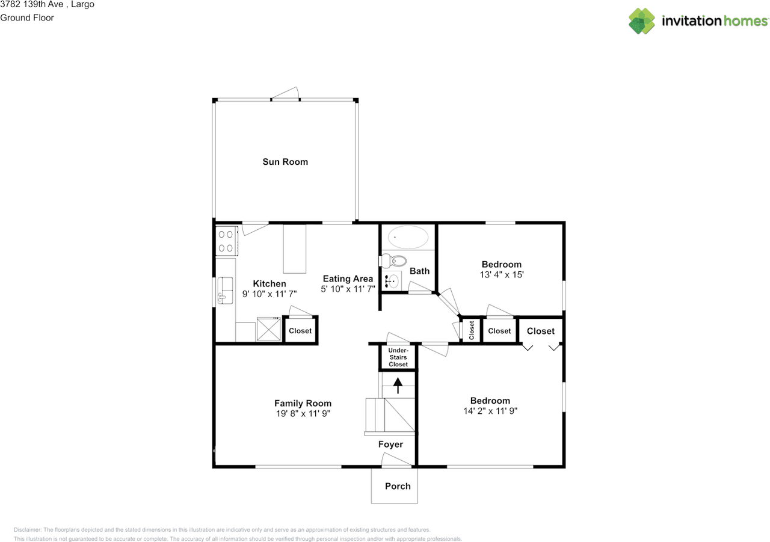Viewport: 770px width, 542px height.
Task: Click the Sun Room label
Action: pos(285,162)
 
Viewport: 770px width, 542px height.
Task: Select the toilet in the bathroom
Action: pos(396,261)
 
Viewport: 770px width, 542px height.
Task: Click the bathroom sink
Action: pos(392,280)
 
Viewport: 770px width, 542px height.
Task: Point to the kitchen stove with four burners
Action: pos(226,241)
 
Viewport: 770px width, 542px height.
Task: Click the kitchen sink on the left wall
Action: pos(226,289)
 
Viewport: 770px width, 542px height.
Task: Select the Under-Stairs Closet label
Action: pos(398,357)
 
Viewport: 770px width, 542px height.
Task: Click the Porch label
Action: pos(398,486)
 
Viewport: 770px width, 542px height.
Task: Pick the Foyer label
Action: pos(390,445)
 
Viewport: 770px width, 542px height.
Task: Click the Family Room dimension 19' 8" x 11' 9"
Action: pos(303,414)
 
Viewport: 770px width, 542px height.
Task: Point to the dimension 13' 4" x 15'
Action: pos(501,275)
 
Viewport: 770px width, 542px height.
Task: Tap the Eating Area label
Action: pos(348,279)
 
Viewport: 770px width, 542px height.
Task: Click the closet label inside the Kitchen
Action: pos(300,331)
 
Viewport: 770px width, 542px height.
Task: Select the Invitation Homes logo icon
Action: pos(642,21)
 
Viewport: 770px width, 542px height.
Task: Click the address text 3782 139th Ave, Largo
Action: pos(47,5)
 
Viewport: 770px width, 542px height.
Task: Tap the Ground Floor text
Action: pos(27,18)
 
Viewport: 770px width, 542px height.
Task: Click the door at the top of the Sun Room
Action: pos(285,95)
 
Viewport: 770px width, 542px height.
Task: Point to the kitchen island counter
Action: pos(295,248)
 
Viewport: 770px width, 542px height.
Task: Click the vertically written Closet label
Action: pos(472,330)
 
